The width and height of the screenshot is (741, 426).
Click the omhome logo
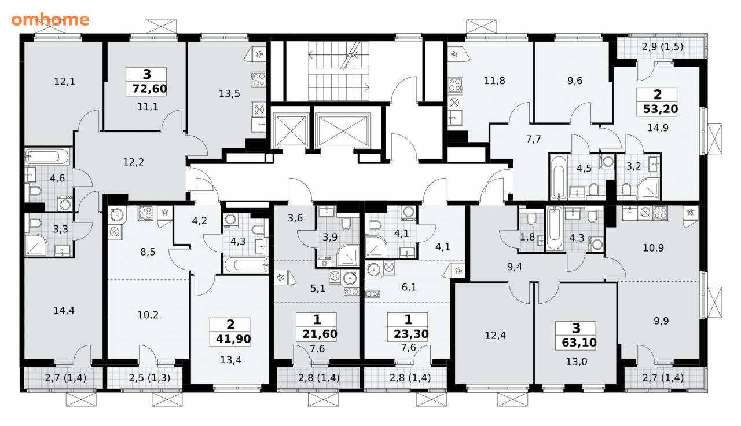click(x=50, y=20)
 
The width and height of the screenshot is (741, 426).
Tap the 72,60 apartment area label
click(x=150, y=89)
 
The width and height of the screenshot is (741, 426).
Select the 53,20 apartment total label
click(x=661, y=109)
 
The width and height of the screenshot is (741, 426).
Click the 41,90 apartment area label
click(x=233, y=339)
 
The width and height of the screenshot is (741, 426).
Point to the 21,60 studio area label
click(x=320, y=334)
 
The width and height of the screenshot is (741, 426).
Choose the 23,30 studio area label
click(x=411, y=334)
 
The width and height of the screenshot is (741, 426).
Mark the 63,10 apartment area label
click(x=579, y=342)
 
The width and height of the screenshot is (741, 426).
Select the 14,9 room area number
click(x=658, y=128)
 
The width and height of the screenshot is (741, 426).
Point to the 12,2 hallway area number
click(x=133, y=162)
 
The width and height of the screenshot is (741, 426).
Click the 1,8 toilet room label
click(x=527, y=237)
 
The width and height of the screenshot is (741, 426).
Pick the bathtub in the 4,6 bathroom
click(x=47, y=156)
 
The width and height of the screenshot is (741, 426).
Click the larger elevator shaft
click(x=343, y=130)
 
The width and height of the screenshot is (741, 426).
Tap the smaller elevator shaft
click(x=291, y=130)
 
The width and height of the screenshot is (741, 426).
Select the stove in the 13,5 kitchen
click(x=258, y=79)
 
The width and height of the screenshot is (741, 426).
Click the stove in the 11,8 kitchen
click(x=455, y=85)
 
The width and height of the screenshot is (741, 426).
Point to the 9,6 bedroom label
click(x=575, y=81)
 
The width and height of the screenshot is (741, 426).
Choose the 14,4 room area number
click(x=64, y=311)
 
